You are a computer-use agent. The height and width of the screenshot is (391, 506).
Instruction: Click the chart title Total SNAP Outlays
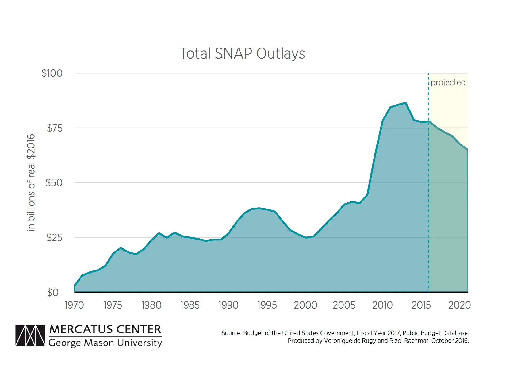pyautogui.click(x=242, y=54)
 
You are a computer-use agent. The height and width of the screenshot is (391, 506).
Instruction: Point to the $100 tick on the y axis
pyautogui.click(x=52, y=73)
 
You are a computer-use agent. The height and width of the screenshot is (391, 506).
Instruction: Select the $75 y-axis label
pyautogui.click(x=55, y=128)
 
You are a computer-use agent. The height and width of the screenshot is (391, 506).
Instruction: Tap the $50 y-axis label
pyautogui.click(x=54, y=183)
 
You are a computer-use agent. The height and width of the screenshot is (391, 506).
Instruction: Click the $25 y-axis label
pyautogui.click(x=54, y=238)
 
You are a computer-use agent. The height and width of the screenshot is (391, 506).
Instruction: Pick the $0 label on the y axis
pyautogui.click(x=53, y=293)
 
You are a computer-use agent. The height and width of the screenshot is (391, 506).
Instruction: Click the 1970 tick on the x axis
pyautogui.click(x=74, y=305)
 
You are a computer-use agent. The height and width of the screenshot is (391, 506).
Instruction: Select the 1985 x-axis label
pyautogui.click(x=190, y=305)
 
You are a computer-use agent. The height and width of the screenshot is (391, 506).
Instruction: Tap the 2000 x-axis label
pyautogui.click(x=305, y=305)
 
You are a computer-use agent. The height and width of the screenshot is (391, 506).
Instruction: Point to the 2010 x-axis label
pyautogui.click(x=382, y=305)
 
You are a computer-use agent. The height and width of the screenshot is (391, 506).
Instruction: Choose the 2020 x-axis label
pyautogui.click(x=459, y=305)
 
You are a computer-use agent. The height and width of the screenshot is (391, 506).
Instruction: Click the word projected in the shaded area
pyautogui.click(x=448, y=82)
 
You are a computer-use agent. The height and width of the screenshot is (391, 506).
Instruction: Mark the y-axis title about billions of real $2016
pyautogui.click(x=31, y=182)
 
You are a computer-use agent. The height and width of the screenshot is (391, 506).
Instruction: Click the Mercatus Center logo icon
pyautogui.click(x=30, y=336)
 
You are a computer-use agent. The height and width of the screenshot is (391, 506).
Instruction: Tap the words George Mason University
pyautogui.click(x=105, y=343)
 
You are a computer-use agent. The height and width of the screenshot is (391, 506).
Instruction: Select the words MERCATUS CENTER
pyautogui.click(x=105, y=330)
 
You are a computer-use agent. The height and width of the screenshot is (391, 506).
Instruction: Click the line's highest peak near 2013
pyautogui.click(x=406, y=103)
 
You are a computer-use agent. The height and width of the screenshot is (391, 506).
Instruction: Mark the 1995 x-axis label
pyautogui.click(x=267, y=305)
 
